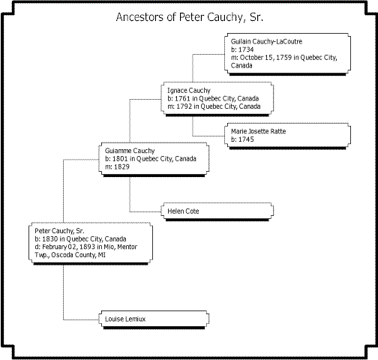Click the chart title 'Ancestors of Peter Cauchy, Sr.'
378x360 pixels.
point(190,17)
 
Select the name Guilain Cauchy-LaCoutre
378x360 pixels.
point(266,41)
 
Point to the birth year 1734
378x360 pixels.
point(246,49)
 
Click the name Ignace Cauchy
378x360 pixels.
point(189,91)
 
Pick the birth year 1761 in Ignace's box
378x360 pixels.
point(182,98)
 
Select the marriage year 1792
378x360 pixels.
point(184,106)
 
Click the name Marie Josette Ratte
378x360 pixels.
point(258,131)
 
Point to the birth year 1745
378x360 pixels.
point(246,139)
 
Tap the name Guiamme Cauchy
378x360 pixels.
point(130,151)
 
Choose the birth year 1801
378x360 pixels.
point(120,159)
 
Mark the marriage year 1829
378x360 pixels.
point(121,166)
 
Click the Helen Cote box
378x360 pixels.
point(217,211)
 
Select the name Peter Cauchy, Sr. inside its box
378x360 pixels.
point(59,231)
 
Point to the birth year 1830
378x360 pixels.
point(50,239)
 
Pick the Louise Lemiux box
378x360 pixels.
point(154,319)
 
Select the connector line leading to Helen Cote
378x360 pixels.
point(130,194)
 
